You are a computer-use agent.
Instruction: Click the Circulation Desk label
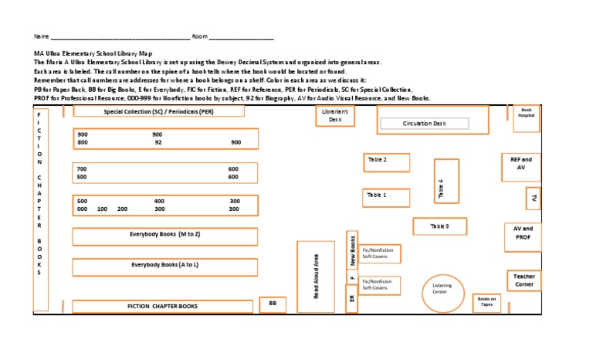425,124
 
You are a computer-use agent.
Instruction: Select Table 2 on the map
387,162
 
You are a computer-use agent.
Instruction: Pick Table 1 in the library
387,198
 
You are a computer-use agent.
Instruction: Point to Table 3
439,226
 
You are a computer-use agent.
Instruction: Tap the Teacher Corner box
524,280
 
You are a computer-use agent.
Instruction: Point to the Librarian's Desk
335,117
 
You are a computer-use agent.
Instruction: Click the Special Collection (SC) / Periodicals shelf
158,111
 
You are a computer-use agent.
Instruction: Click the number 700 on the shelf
83,168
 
